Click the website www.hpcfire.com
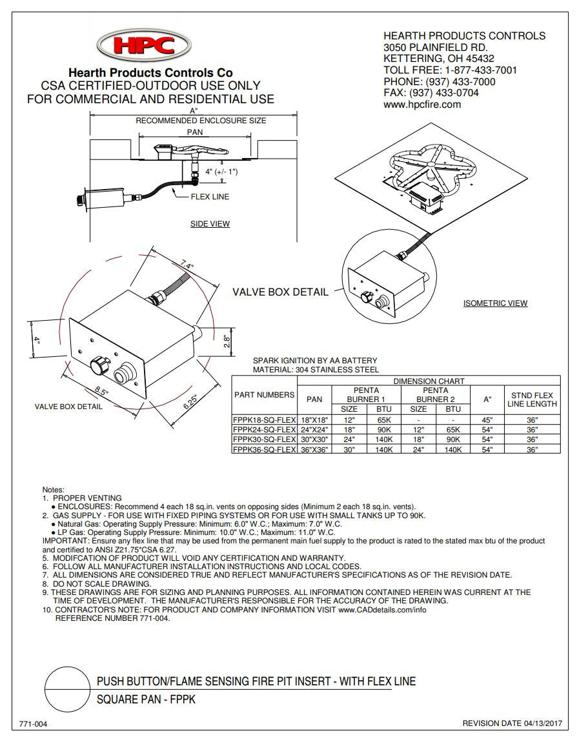[422, 105]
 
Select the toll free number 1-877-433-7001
[481, 70]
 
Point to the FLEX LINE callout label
[209, 197]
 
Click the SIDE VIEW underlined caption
[210, 224]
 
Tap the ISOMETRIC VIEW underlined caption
[495, 303]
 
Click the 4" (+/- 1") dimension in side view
[221, 172]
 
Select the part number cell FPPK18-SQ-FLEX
[264, 419]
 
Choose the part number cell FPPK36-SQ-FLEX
[264, 449]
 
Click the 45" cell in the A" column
[487, 419]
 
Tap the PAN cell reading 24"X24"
[314, 429]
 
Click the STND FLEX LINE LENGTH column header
[532, 399]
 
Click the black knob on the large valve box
[99, 365]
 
